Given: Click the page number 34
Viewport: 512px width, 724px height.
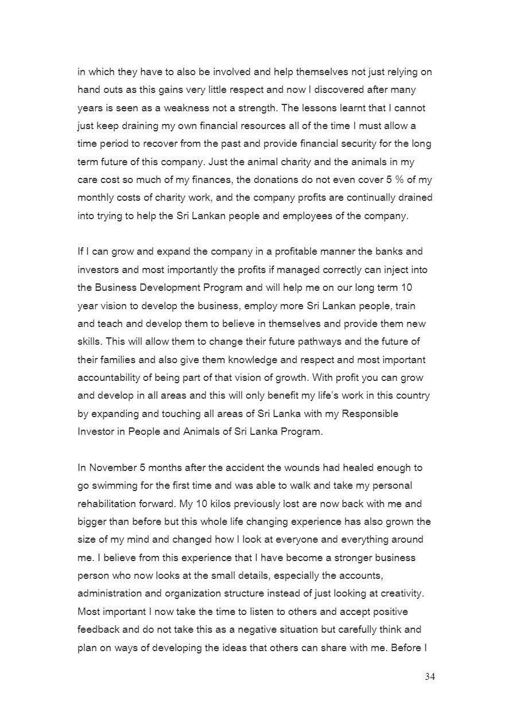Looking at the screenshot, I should point(430,677).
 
